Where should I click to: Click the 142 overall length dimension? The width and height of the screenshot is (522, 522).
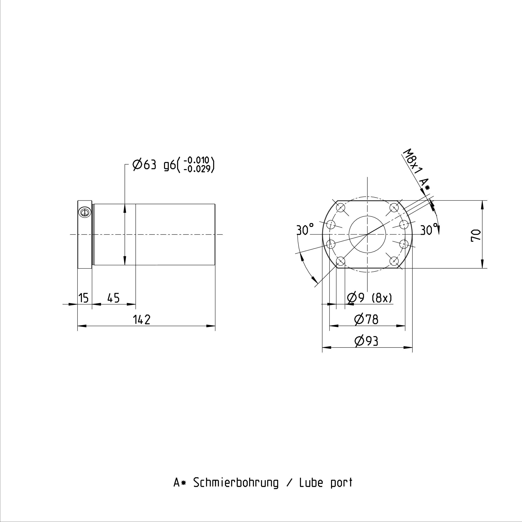[x=142, y=320]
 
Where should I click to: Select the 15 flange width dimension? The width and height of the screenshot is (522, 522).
[x=83, y=298]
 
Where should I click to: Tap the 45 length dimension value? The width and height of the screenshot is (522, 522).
[x=113, y=298]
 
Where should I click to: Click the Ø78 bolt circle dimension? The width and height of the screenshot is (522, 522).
[x=366, y=320]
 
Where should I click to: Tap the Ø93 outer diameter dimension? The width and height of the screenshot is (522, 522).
[x=366, y=341]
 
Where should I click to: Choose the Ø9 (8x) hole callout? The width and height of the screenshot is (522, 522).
[x=369, y=298]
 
